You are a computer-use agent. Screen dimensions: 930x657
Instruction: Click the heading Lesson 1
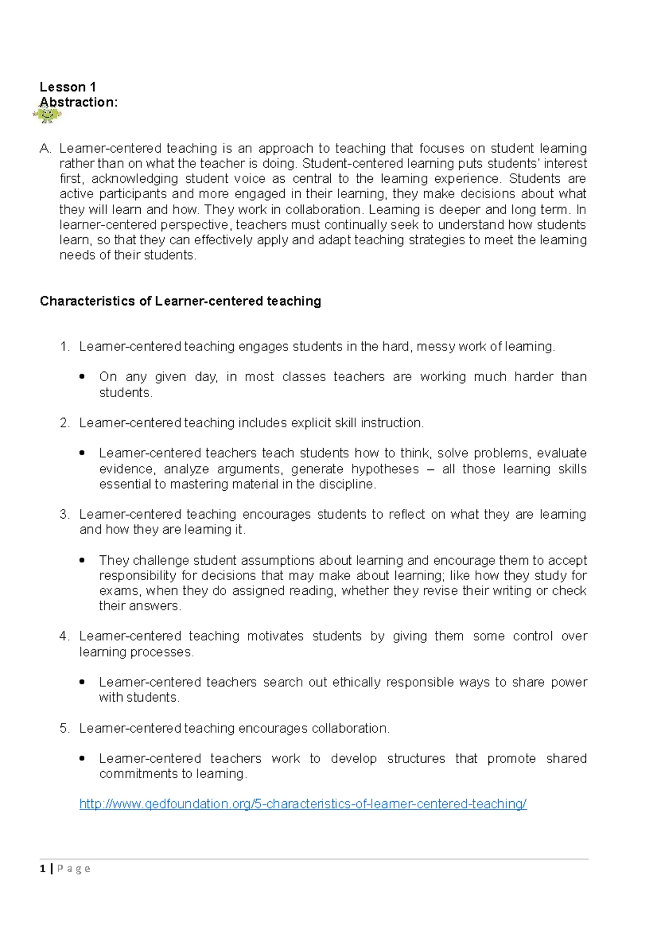pos(67,87)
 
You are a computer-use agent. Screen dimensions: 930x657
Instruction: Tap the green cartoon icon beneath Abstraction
pos(48,114)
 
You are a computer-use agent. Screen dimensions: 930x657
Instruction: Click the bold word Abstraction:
pos(78,102)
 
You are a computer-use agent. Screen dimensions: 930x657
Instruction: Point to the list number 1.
pos(65,347)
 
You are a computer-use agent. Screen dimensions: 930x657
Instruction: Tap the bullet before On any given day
pos(82,377)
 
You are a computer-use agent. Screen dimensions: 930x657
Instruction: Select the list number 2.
pos(65,423)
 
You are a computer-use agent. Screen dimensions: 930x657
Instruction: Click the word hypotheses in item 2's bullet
pos(385,469)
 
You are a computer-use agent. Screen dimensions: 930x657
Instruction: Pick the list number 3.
pos(65,514)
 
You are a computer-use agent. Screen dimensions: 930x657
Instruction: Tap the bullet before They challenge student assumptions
pos(82,560)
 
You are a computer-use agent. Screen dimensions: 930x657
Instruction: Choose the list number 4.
pos(65,636)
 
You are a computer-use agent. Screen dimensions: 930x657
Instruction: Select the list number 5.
pos(65,728)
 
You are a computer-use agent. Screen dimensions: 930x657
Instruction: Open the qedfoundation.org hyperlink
pos(303,804)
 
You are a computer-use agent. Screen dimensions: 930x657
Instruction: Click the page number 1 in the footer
pos(43,869)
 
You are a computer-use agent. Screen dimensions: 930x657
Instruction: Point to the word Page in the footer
pos(73,869)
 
